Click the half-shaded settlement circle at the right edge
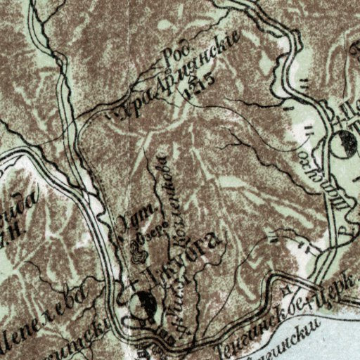coord(344,143)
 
